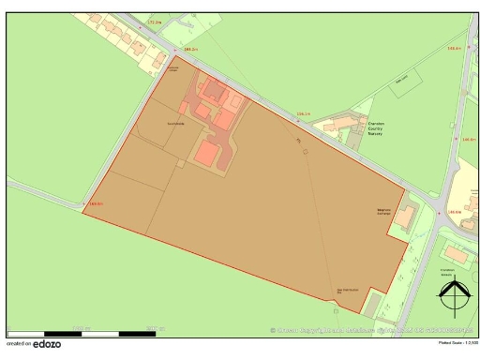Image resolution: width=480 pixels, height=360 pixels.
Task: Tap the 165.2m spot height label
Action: pyautogui.click(x=190, y=48)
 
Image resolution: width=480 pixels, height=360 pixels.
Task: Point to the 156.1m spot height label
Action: pyautogui.click(x=303, y=114)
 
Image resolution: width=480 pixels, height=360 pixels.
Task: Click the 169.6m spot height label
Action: pyautogui.click(x=95, y=203)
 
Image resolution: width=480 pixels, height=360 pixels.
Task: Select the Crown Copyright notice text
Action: pyautogui.click(x=366, y=330)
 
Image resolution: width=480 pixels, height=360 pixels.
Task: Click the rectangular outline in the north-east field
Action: pyautogui.click(x=403, y=80)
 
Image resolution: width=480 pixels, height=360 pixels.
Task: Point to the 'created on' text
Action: pyautogui.click(x=19, y=346)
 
